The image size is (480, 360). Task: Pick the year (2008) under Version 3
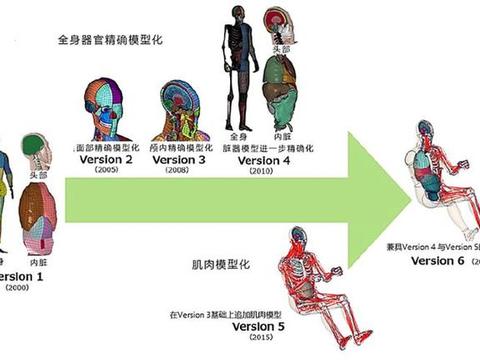pos(176,171)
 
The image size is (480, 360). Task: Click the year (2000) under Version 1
pos(18,288)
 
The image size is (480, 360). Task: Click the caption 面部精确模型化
pos(104,146)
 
